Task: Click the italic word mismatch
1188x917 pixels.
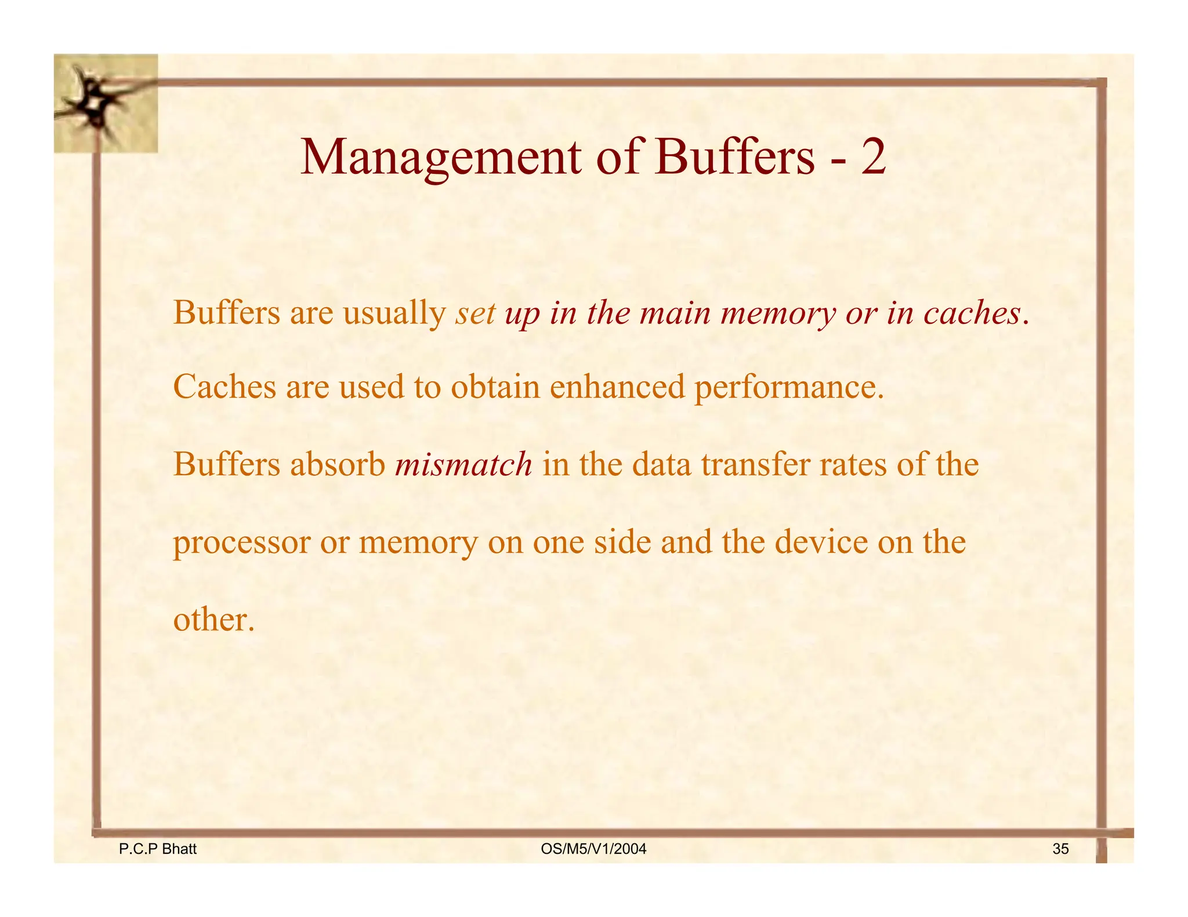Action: pos(463,465)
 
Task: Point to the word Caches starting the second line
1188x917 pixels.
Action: pos(224,387)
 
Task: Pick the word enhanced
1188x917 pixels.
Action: pos(617,387)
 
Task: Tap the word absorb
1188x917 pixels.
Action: pos(338,464)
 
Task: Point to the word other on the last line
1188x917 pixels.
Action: pos(213,620)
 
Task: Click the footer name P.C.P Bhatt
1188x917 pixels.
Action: pos(158,849)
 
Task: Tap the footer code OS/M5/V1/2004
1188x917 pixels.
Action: pos(593,849)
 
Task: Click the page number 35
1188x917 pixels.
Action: pos(1060,849)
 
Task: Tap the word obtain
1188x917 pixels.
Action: pos(495,387)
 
